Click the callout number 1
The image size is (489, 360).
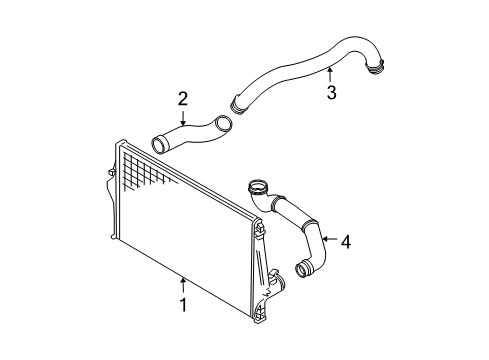tap(183, 305)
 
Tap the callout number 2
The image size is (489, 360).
tap(183, 99)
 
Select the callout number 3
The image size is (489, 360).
tap(331, 92)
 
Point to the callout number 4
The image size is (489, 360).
tap(346, 242)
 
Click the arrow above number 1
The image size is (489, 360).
tap(183, 285)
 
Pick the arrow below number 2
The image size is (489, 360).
tap(183, 118)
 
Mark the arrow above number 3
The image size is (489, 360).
tap(330, 75)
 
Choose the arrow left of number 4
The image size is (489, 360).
tap(330, 239)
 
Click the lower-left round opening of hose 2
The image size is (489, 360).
tap(159, 145)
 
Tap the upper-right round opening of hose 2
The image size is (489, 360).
tap(224, 124)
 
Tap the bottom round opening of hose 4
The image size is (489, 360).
tap(303, 268)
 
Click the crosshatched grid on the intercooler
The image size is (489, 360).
tap(147, 172)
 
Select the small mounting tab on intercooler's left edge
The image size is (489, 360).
tap(111, 172)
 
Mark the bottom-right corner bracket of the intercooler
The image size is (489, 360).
tap(260, 313)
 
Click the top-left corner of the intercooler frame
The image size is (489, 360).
tap(117, 142)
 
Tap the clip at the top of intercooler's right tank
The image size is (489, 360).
tap(260, 228)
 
